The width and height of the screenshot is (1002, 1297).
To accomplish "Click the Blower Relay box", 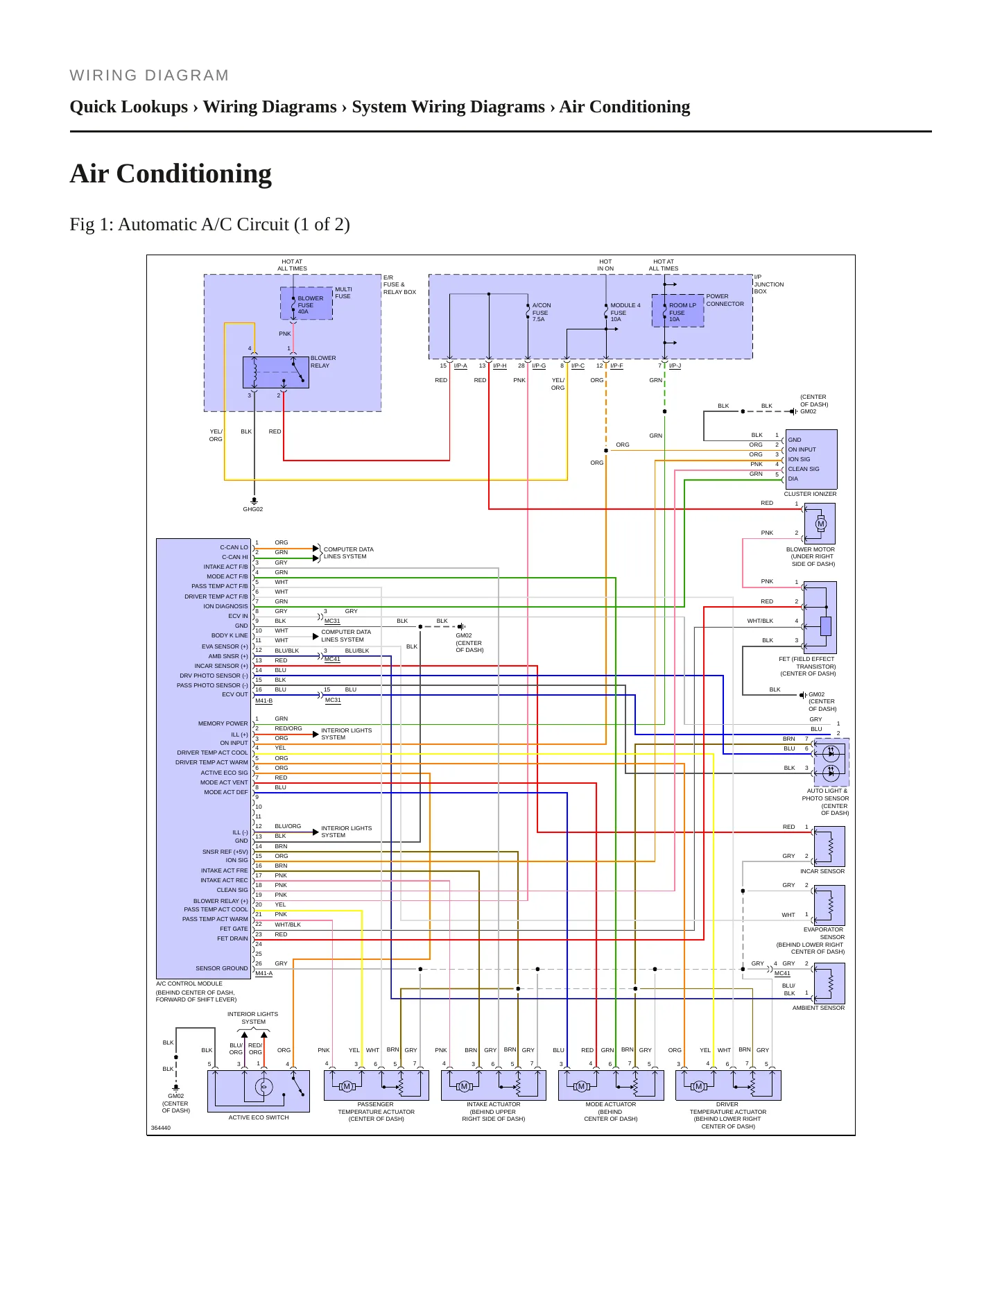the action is click(276, 372).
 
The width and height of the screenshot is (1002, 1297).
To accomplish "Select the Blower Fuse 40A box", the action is click(306, 303).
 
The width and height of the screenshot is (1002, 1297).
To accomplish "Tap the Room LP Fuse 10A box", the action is click(677, 311).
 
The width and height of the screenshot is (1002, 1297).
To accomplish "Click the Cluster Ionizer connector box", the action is click(811, 459).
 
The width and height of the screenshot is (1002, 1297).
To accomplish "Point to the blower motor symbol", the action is click(820, 524).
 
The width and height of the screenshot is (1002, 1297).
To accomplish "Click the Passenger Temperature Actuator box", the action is click(377, 1085).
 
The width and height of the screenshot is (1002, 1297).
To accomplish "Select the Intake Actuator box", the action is click(494, 1085).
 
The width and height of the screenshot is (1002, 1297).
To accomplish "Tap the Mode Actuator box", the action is click(611, 1085).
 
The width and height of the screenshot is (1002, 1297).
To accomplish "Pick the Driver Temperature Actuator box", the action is click(728, 1085).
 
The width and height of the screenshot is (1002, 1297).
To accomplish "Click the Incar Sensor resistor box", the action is click(830, 846).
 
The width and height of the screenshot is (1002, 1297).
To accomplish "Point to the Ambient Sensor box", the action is click(830, 983).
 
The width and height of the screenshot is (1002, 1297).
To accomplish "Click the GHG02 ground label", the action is click(253, 509).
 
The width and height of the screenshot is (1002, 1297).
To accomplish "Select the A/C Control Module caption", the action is click(189, 984).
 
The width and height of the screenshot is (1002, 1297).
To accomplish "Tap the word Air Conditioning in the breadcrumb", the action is click(625, 107).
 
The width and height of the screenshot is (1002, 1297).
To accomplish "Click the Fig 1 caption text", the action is click(209, 225).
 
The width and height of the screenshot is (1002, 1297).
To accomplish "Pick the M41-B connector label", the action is click(264, 701).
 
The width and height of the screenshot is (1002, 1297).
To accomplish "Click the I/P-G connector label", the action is click(539, 366).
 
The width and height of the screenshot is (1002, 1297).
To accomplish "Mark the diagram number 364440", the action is click(161, 1128).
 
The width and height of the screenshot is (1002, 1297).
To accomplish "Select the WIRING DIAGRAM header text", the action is click(149, 76).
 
